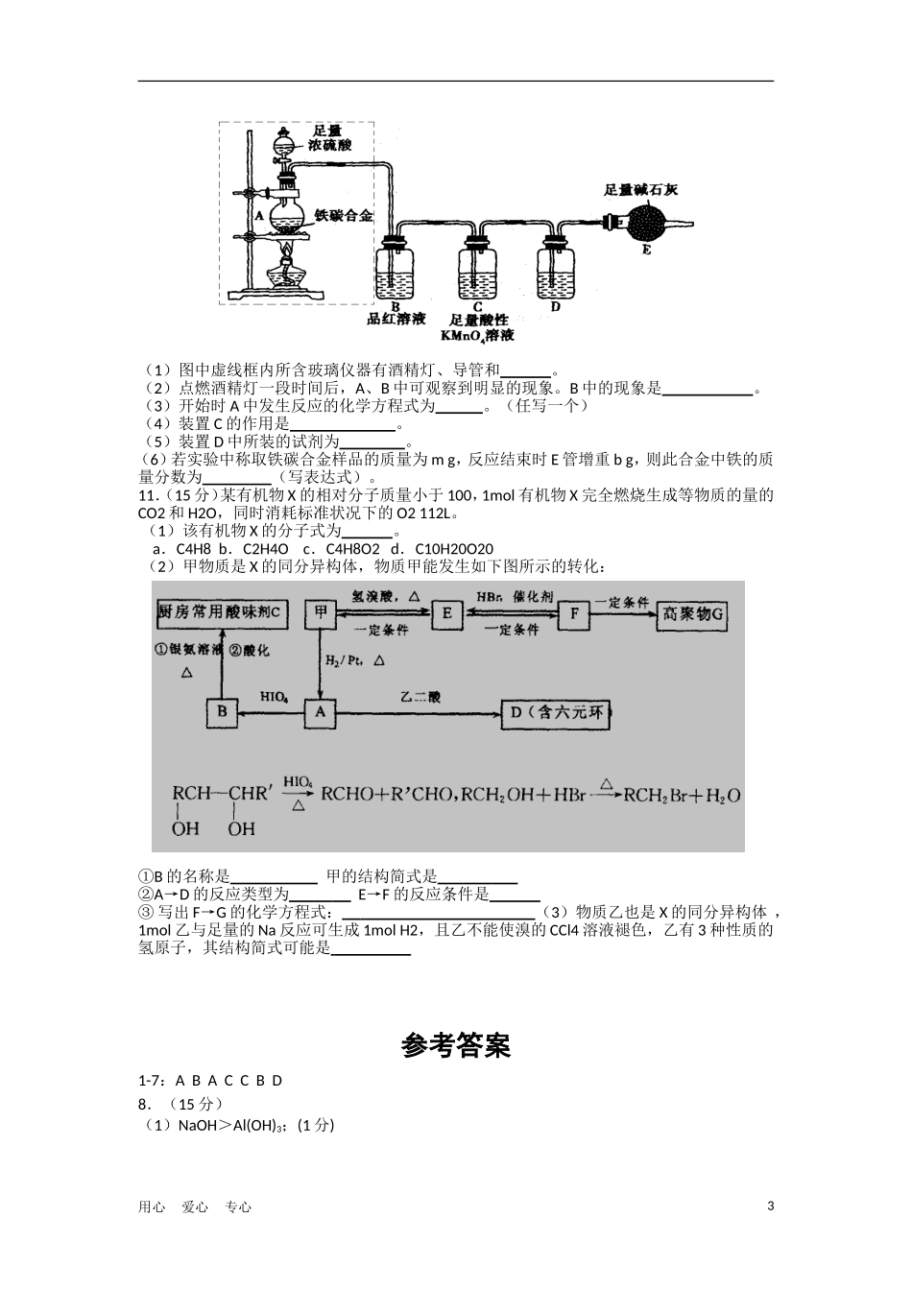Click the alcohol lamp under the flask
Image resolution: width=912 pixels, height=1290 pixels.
pos(287,269)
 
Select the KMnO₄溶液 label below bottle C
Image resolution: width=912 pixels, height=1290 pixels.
pos(477,336)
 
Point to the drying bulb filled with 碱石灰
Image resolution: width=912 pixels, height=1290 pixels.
pos(646,223)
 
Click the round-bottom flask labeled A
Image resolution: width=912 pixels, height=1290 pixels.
pos(286,213)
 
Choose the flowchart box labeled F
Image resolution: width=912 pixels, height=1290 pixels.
pos(573,614)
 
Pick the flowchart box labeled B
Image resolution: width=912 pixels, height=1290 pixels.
pos(222,712)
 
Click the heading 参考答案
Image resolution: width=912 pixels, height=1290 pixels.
pos(456,1045)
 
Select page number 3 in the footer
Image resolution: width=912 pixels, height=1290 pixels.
pos(770,1206)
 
